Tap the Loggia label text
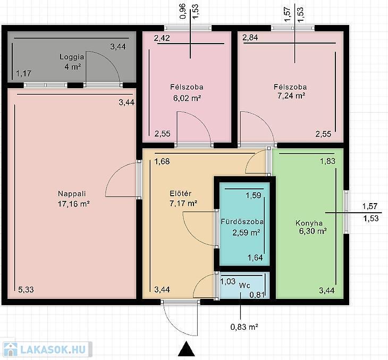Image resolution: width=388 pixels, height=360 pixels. pyautogui.click(x=72, y=57)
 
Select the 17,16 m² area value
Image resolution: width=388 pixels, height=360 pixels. pyautogui.click(x=73, y=204)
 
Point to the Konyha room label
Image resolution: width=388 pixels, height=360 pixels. pyautogui.click(x=309, y=223)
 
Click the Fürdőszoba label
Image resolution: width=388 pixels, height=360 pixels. pyautogui.click(x=242, y=221)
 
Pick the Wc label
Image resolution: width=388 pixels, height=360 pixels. pyautogui.click(x=244, y=286)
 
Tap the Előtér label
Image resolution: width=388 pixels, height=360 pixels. pyautogui.click(x=181, y=194)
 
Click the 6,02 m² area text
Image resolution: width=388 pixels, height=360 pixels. pyautogui.click(x=187, y=98)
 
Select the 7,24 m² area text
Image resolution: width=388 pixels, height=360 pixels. pyautogui.click(x=291, y=96)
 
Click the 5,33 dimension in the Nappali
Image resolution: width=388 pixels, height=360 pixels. pyautogui.click(x=26, y=289)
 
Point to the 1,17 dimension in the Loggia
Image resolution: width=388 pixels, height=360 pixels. pyautogui.click(x=24, y=73)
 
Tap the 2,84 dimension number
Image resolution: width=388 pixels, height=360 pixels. pyautogui.click(x=250, y=37)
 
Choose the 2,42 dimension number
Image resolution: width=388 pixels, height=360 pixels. pyautogui.click(x=162, y=38)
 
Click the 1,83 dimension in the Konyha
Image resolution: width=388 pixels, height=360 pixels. pyautogui.click(x=327, y=161)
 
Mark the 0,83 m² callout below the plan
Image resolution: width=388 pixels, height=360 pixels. pyautogui.click(x=244, y=327)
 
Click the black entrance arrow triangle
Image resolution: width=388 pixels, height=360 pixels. pyautogui.click(x=187, y=349)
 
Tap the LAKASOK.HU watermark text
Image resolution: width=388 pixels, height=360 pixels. pyautogui.click(x=53, y=349)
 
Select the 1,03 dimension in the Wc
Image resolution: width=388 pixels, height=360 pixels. pyautogui.click(x=227, y=281)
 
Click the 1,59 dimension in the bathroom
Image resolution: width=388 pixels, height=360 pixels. pyautogui.click(x=254, y=195)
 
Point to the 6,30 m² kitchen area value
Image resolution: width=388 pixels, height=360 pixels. pyautogui.click(x=313, y=231)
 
